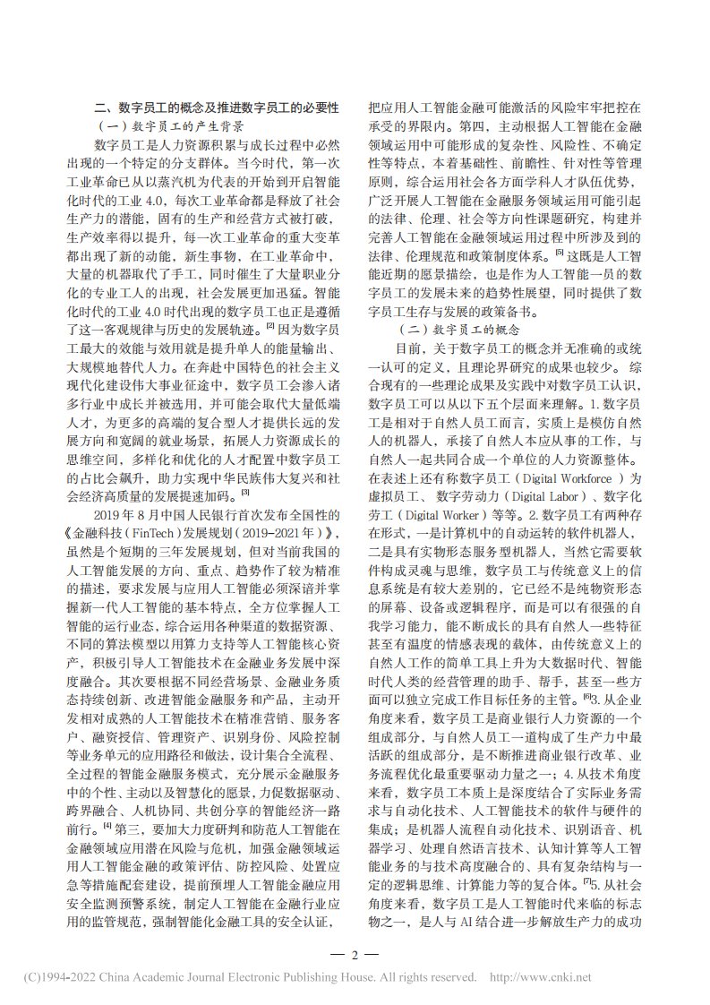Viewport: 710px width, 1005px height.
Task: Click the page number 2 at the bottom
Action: coord(355,953)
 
